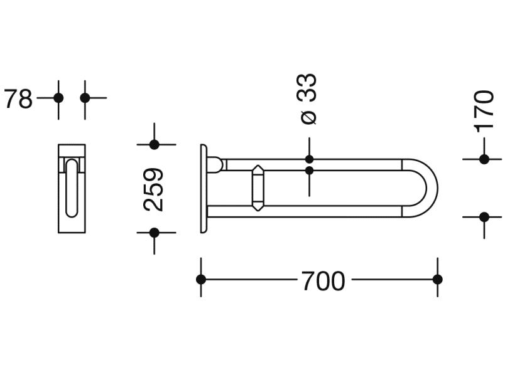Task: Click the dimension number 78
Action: pos(18,99)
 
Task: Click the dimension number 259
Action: pos(154,189)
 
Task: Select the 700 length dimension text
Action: pos(323,281)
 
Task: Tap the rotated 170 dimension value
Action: pos(484,110)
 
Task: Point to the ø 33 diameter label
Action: pos(308,98)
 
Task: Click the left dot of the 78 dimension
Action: pos(58,98)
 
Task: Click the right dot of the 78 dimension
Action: pos(85,98)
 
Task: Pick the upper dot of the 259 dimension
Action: pos(154,145)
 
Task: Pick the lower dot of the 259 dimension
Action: pos(154,233)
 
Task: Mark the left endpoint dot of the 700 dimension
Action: pos(201,279)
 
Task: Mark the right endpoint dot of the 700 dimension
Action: pos(438,279)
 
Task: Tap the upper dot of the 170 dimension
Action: pos(484,159)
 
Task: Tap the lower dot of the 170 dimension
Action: pos(484,217)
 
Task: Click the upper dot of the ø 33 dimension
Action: pos(309,159)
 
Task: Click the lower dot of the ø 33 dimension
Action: pos(309,170)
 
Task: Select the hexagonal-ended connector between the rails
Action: pos(258,188)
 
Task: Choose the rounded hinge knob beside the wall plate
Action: pos(215,164)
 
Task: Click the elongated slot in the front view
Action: pos(72,188)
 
